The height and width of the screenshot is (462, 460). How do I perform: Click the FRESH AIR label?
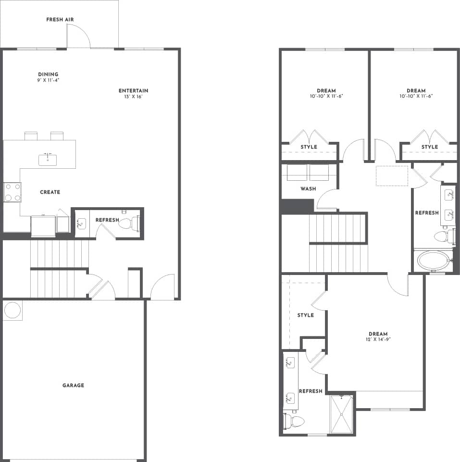[x=60, y=20]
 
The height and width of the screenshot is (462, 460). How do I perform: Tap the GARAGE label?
[x=73, y=385]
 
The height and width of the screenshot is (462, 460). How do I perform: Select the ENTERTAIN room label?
[x=133, y=90]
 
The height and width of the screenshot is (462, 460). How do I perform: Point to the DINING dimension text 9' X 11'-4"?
[x=49, y=80]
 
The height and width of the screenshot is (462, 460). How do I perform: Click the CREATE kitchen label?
[x=50, y=192]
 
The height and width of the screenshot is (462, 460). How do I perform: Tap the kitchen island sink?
[x=48, y=159]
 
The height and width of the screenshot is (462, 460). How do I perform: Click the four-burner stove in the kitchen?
[x=12, y=192]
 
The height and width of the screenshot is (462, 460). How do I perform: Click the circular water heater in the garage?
[x=12, y=310]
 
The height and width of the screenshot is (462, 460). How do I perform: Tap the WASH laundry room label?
[x=308, y=189]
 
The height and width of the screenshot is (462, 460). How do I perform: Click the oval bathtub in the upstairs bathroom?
[x=433, y=261]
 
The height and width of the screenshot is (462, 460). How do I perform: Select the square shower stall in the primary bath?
[x=342, y=414]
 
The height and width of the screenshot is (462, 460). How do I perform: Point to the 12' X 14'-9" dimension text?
[x=378, y=340]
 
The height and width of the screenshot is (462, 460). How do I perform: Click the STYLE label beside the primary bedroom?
[x=305, y=315]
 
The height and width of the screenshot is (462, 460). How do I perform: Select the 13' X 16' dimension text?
[x=133, y=97]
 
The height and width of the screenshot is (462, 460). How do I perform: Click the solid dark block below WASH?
[x=297, y=206]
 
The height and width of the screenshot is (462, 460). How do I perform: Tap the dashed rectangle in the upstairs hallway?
[x=392, y=175]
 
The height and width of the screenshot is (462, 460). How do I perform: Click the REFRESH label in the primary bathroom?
[x=311, y=391]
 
